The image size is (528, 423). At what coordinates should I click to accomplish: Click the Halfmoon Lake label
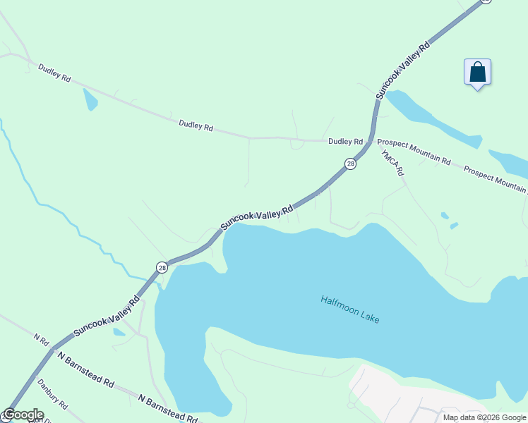350,309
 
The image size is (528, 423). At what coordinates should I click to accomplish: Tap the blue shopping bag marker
477,73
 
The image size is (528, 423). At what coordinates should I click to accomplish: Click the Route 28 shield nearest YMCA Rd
350,164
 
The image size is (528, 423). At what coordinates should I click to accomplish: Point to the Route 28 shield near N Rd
162,267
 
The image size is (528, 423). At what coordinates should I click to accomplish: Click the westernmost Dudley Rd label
54,74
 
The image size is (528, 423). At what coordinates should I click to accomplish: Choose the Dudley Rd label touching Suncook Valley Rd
345,142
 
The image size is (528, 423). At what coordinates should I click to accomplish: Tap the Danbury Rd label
52,396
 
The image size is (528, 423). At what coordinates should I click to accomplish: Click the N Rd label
40,339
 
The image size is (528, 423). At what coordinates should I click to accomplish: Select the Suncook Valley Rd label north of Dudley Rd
402,70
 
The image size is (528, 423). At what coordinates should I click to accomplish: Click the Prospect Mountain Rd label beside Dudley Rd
414,152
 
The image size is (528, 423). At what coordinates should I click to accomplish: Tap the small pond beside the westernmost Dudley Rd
90,99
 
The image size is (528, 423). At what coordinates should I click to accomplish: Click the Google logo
23,415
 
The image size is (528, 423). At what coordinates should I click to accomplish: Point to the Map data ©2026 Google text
484,417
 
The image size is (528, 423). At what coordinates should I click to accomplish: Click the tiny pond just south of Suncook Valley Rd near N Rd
119,332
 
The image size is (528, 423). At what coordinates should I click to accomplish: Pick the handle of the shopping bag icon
477,66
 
